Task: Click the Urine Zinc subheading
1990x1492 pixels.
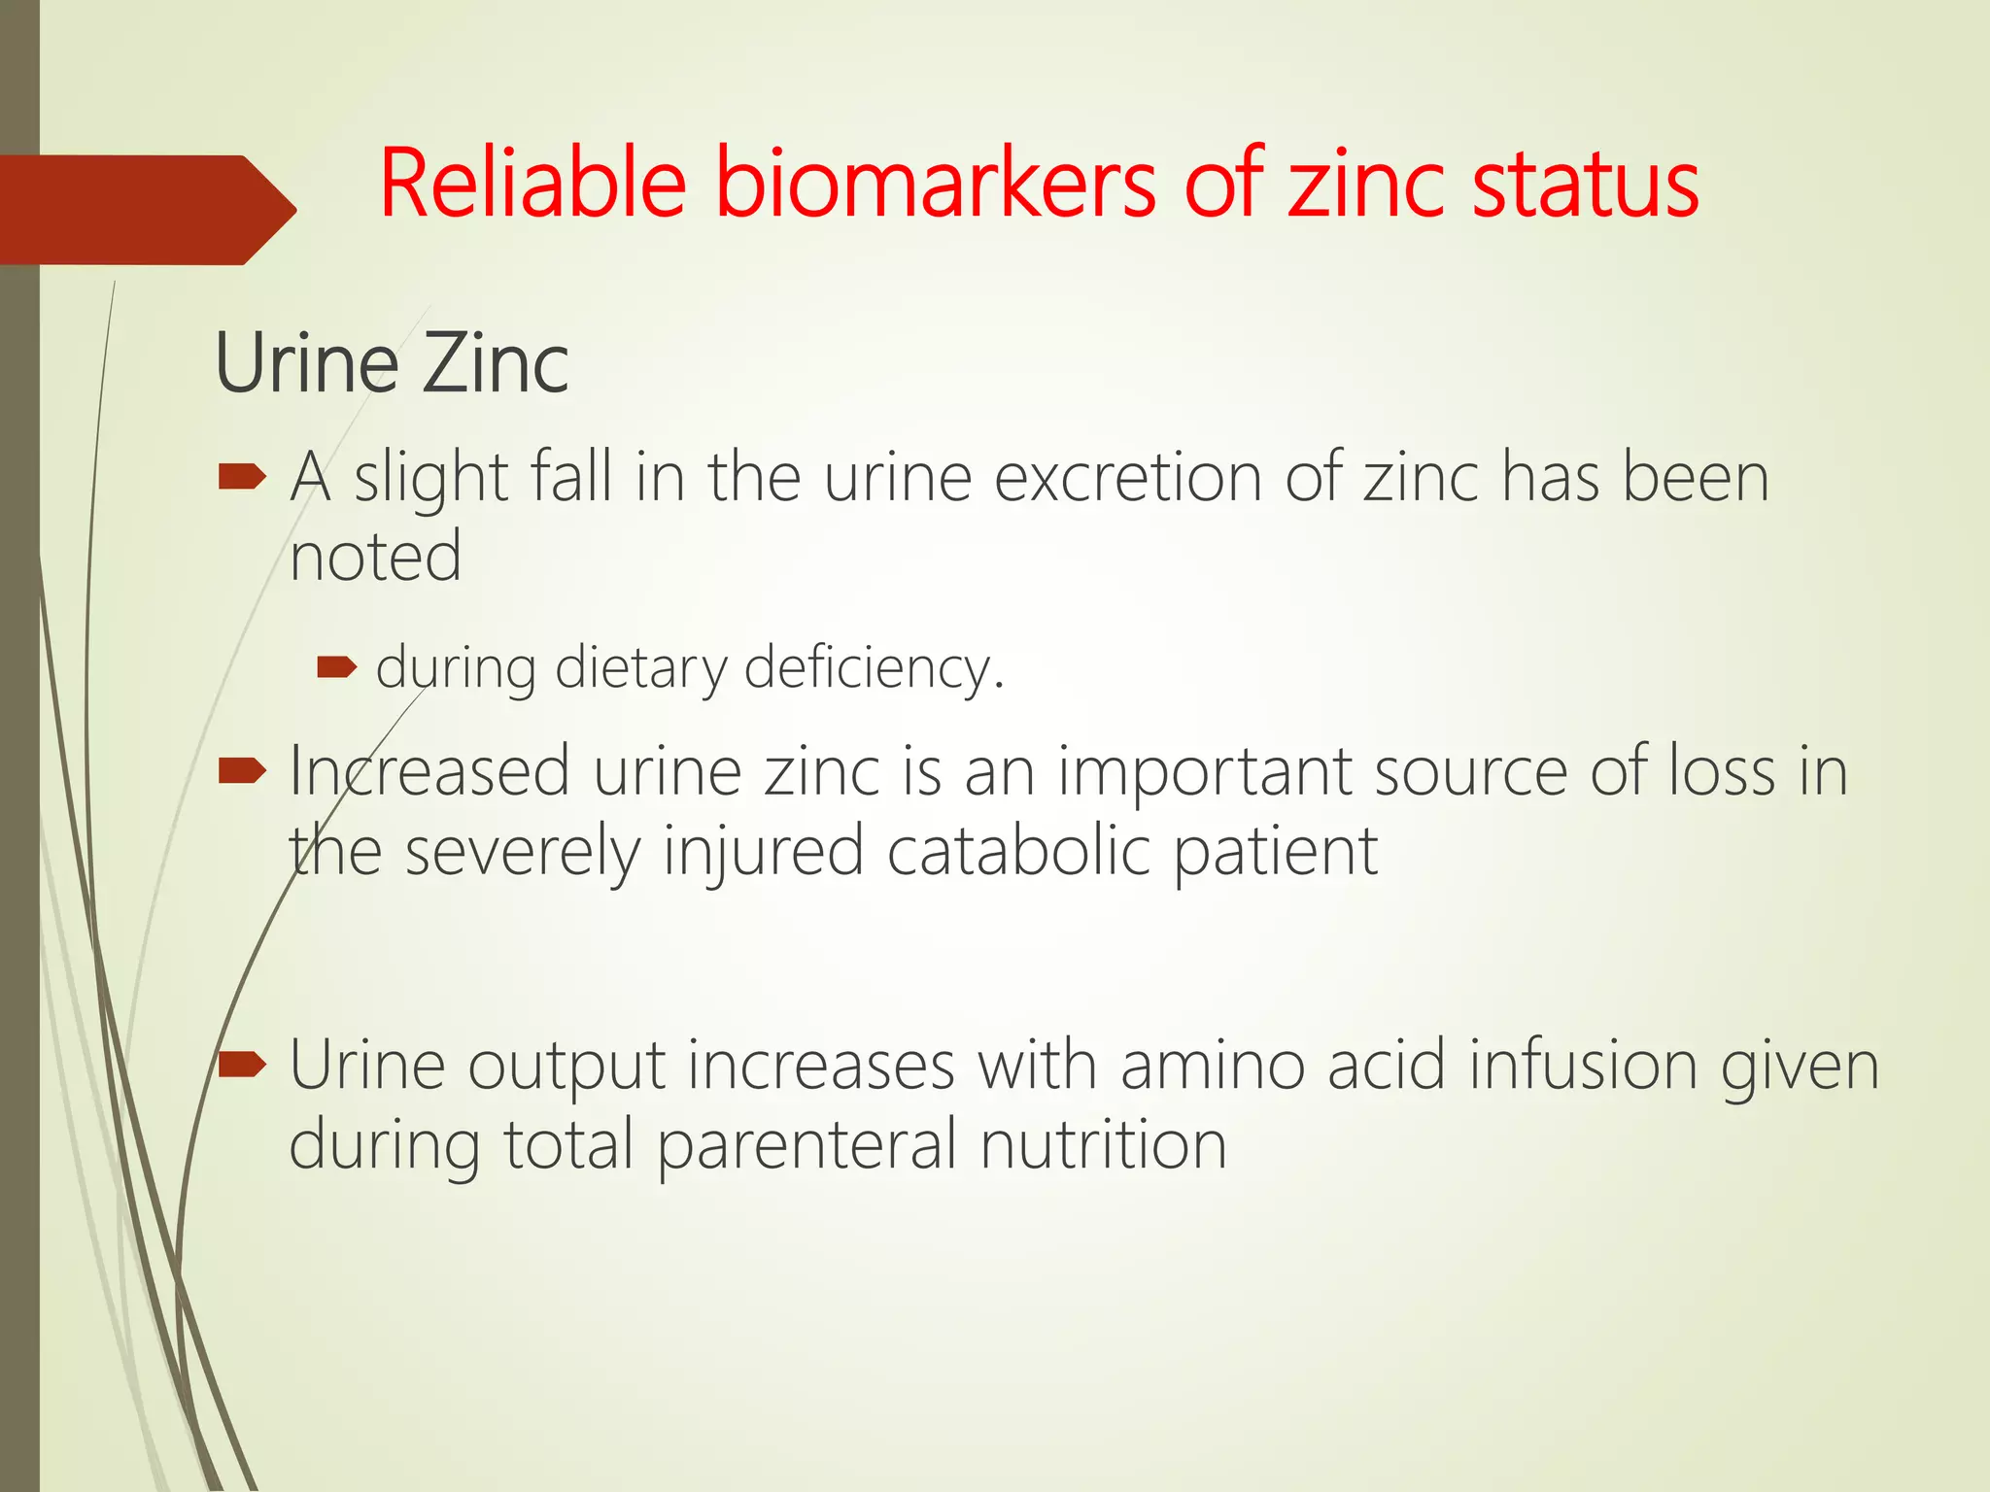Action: coord(392,363)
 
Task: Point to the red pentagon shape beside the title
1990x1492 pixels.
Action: coord(146,210)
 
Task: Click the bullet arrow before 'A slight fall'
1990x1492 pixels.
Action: coord(242,477)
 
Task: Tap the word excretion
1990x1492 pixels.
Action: coord(1128,478)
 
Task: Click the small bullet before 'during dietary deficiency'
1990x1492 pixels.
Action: coord(337,667)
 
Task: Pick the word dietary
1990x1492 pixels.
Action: coord(640,669)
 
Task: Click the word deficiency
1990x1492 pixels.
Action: coord(874,669)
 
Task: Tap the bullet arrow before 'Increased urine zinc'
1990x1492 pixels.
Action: coord(242,771)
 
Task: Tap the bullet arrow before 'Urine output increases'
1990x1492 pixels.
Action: coord(242,1066)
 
